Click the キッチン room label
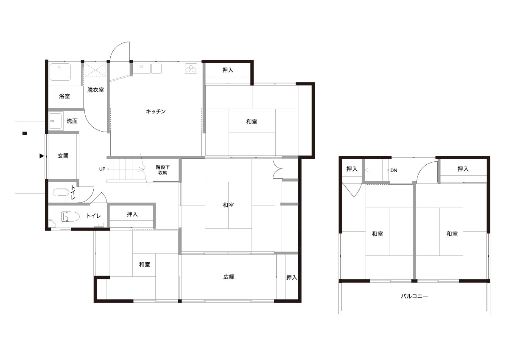(x=156, y=111)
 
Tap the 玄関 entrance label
(x=63, y=156)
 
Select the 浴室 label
(x=64, y=96)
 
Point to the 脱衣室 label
(x=95, y=90)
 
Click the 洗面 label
(x=72, y=121)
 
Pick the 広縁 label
(x=229, y=277)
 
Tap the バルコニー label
(x=414, y=296)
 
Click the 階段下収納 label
(x=163, y=170)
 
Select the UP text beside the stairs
(x=102, y=169)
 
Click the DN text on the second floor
(x=394, y=170)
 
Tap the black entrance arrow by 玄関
(x=42, y=156)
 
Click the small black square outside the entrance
(x=25, y=133)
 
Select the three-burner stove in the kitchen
(x=191, y=69)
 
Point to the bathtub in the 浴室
(x=60, y=72)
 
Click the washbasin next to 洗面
(x=56, y=121)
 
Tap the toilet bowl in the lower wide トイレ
(x=70, y=217)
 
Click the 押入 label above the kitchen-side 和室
(x=228, y=70)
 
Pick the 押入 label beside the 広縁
(x=291, y=278)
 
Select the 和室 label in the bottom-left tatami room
(x=145, y=264)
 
